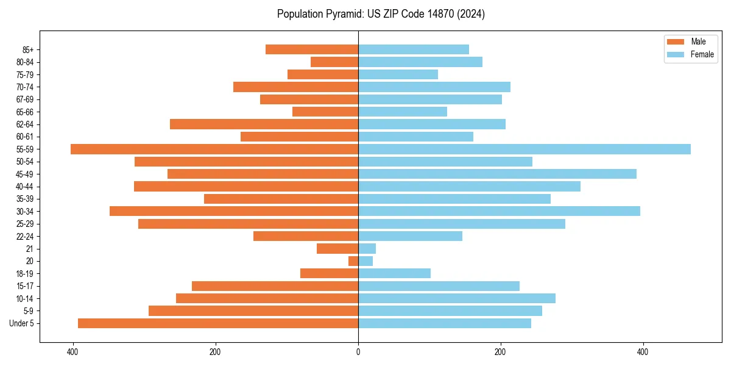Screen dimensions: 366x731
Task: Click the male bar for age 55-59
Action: (x=214, y=149)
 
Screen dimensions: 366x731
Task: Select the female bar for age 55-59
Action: (x=524, y=149)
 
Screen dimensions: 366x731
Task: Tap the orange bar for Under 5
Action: (x=218, y=323)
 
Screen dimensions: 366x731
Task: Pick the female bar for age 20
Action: (x=365, y=261)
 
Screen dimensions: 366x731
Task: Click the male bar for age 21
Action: (x=337, y=248)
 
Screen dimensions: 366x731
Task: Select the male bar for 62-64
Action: (x=264, y=124)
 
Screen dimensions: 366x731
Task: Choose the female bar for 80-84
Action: (x=420, y=62)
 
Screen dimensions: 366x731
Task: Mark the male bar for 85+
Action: (x=312, y=49)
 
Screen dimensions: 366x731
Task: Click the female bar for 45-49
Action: (x=497, y=174)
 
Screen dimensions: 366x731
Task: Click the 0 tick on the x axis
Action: (x=358, y=352)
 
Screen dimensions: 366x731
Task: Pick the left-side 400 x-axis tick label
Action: (x=72, y=352)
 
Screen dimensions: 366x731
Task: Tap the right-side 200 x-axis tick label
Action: (x=500, y=352)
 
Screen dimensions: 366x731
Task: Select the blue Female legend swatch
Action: (x=676, y=54)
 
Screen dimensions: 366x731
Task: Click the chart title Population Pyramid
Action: (x=381, y=14)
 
